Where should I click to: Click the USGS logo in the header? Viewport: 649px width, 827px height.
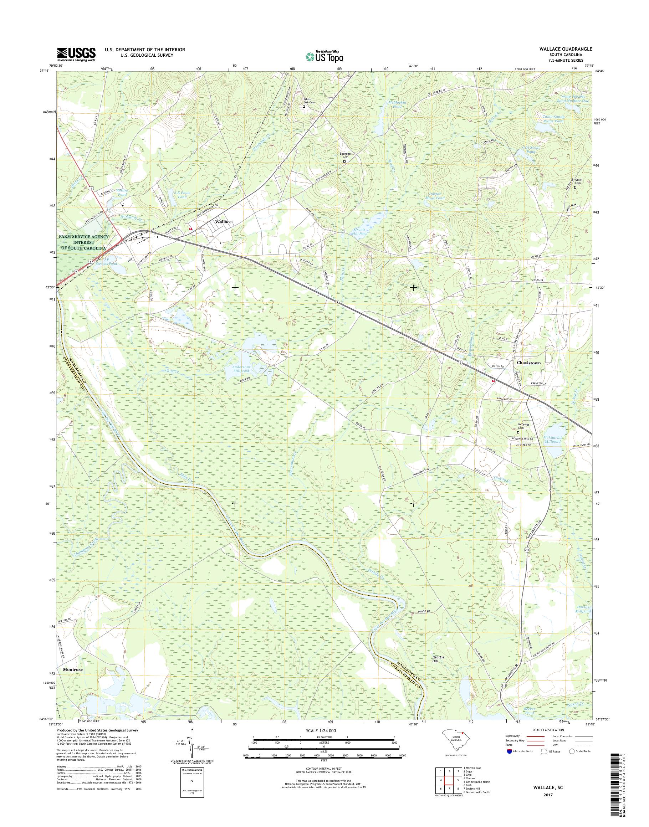click(76, 54)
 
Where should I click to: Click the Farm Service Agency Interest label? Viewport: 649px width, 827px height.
click(83, 242)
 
